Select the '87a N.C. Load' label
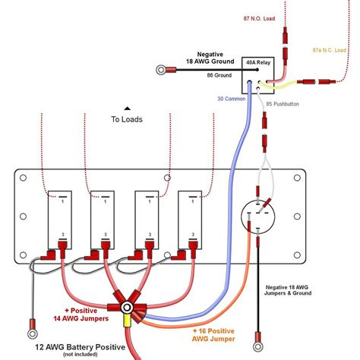pos(334,51)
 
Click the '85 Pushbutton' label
pos(282,103)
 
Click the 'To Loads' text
pos(127,119)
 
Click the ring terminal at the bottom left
pos(33,331)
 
